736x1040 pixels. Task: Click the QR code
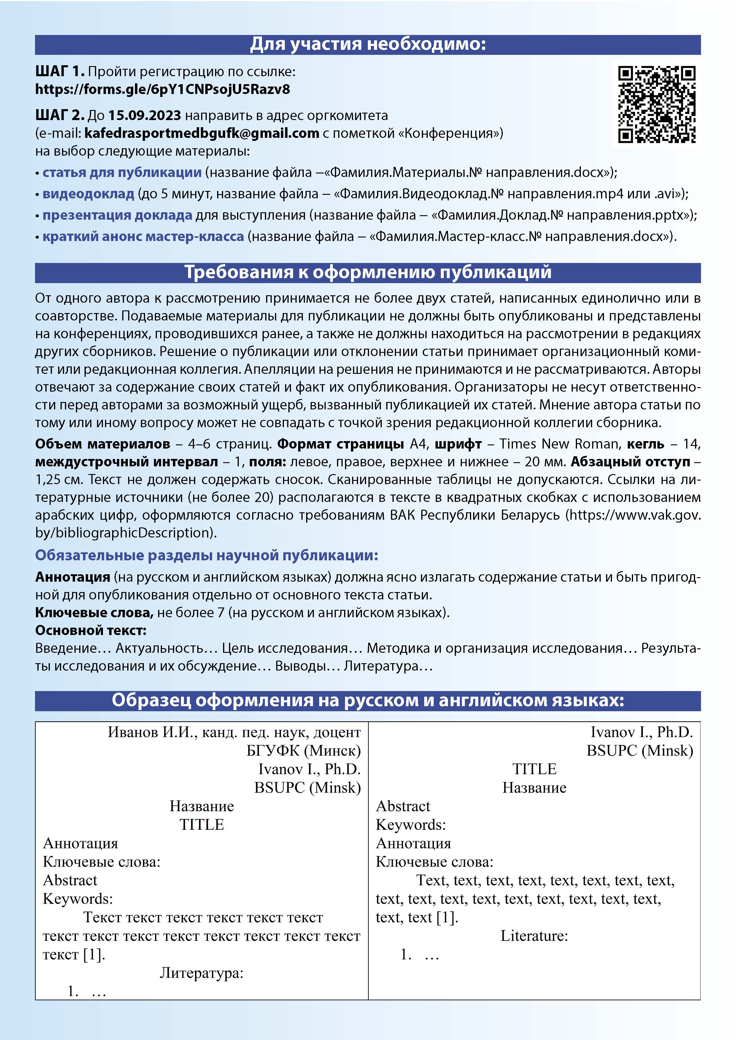click(x=657, y=104)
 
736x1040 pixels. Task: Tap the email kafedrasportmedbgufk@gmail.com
click(x=202, y=133)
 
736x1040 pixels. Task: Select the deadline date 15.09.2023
click(x=144, y=116)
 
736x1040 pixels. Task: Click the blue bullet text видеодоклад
click(x=88, y=194)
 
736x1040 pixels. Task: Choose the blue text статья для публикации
click(x=122, y=173)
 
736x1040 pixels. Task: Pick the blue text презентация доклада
click(x=117, y=215)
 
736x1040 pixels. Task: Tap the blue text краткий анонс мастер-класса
click(x=143, y=237)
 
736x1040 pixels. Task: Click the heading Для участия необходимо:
click(x=368, y=44)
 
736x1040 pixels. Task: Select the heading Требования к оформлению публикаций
click(x=368, y=272)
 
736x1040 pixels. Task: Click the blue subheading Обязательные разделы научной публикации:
click(x=207, y=555)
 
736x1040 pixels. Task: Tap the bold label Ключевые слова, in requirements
click(x=94, y=613)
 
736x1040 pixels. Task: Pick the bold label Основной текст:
click(x=91, y=631)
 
